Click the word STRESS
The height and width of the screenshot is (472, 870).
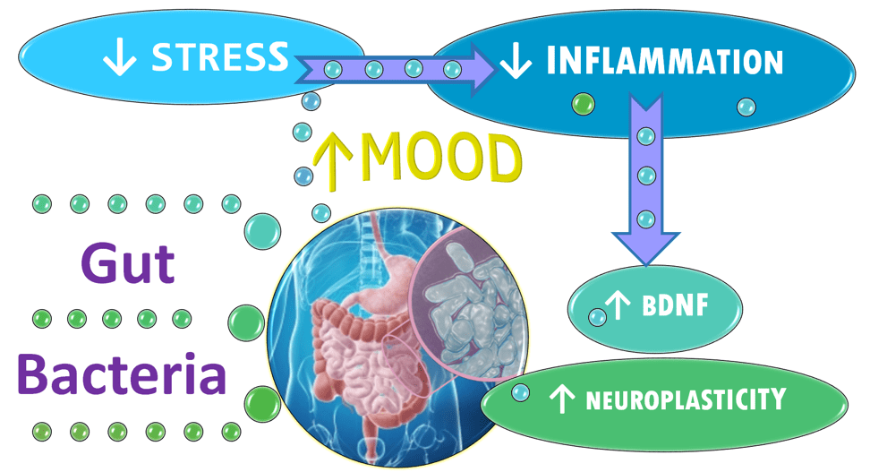tap(219, 57)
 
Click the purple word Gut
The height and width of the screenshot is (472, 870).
tap(127, 263)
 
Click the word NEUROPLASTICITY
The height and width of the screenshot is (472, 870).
tap(686, 399)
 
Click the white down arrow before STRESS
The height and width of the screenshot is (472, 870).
tap(119, 59)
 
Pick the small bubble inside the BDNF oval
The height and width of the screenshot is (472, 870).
tap(596, 316)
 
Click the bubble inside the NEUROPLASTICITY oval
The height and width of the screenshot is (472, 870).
tap(520, 391)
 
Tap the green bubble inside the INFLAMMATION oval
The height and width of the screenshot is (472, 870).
tap(583, 106)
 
